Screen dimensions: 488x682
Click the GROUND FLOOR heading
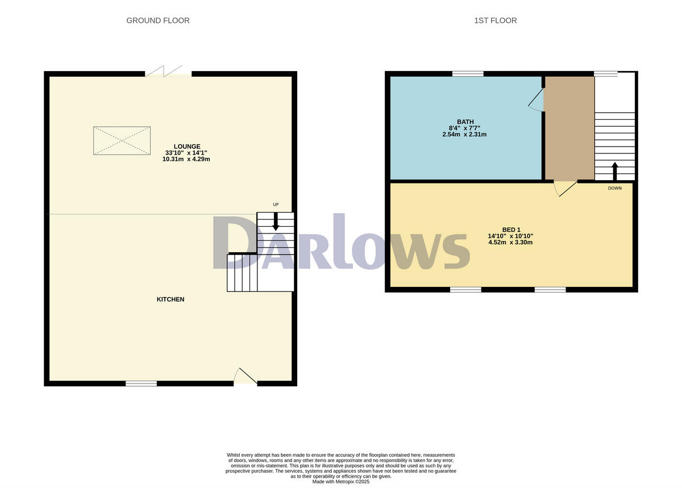coord(157,20)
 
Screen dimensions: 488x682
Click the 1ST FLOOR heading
coord(495,20)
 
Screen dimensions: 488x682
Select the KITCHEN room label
coord(170,299)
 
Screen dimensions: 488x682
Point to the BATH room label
coord(465,122)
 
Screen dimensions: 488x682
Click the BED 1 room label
coord(510,230)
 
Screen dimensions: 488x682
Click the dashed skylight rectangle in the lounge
coord(122,140)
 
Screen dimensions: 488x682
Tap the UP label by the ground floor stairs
coord(276,205)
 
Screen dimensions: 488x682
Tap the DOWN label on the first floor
coord(614,188)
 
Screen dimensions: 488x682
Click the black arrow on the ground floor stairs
coord(276,221)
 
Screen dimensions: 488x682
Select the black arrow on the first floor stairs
coord(614,170)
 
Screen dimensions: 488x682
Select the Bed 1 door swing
coord(565,188)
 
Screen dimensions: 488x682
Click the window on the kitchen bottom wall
coord(141,384)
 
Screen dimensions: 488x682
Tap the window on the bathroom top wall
coord(468,73)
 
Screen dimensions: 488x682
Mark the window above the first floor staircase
coord(605,73)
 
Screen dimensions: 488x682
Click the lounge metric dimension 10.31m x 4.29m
coord(186,159)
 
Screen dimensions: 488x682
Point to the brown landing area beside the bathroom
coord(569,128)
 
